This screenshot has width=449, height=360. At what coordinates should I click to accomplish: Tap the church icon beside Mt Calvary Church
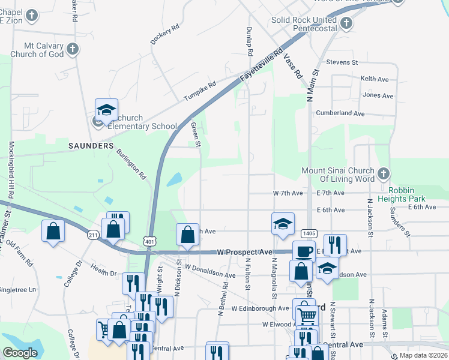coord(73,49)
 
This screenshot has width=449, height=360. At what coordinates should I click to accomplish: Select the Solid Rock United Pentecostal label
coord(303,24)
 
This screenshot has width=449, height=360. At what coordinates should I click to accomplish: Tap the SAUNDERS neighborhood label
coord(91,146)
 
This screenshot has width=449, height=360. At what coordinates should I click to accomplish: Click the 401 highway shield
coord(149,241)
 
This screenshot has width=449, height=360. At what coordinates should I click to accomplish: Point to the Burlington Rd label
coord(131,164)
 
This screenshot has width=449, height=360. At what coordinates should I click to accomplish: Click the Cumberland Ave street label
coord(341,113)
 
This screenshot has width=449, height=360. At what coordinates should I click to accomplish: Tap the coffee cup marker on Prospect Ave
coord(304,251)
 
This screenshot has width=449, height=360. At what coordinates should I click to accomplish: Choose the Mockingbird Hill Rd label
coord(11,170)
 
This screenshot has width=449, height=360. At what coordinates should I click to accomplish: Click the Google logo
coord(20,353)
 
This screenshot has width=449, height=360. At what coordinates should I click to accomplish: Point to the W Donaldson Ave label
coord(210,271)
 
